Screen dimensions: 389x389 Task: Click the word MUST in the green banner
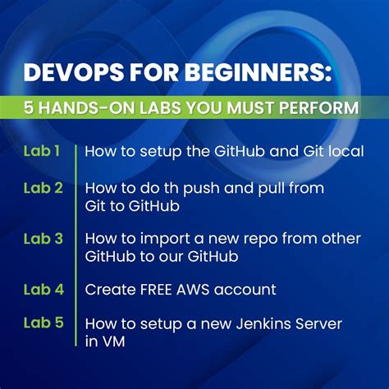click(x=259, y=108)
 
